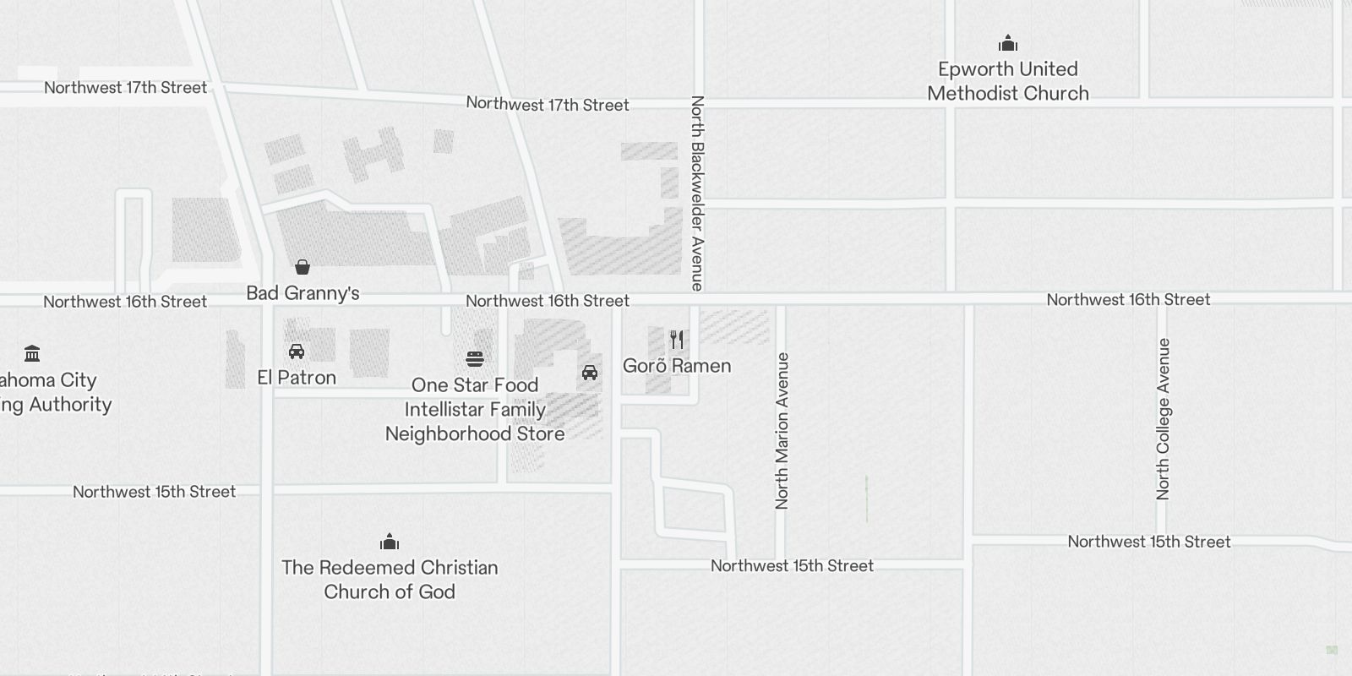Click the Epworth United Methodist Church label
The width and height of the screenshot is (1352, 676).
click(1007, 81)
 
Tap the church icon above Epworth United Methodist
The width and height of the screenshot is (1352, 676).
click(1007, 44)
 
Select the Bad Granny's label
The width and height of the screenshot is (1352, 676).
click(303, 293)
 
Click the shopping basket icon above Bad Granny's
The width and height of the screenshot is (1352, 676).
click(303, 268)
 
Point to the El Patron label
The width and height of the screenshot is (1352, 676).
click(297, 378)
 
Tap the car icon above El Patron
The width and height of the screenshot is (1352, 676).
click(297, 352)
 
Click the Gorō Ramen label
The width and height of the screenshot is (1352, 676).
click(677, 366)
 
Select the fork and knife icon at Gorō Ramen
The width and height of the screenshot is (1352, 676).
click(677, 340)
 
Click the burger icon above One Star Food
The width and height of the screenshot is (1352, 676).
click(475, 359)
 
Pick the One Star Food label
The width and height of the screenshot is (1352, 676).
click(475, 385)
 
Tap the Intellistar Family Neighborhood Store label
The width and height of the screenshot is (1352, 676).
click(475, 422)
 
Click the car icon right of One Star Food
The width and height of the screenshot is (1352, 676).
click(590, 373)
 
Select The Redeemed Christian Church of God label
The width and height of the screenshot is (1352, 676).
click(390, 580)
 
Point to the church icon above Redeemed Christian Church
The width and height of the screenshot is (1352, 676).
click(390, 542)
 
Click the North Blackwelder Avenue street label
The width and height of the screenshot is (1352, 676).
click(697, 193)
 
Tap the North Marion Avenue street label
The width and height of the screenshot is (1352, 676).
click(782, 431)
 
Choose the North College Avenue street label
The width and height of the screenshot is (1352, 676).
click(1164, 419)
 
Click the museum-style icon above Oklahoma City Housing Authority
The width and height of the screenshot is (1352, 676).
click(32, 353)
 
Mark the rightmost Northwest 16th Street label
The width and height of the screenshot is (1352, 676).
click(1128, 300)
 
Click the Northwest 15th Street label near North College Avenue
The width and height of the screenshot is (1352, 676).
click(1148, 542)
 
